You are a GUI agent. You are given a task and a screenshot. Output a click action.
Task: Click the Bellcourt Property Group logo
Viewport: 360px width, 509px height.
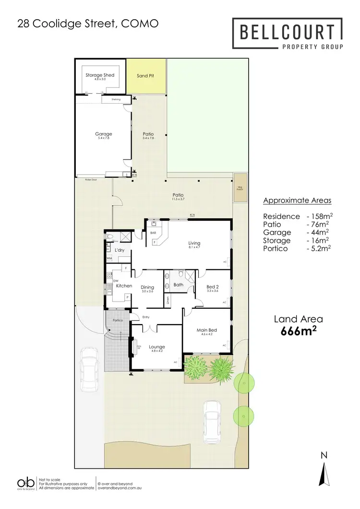tap(288, 34)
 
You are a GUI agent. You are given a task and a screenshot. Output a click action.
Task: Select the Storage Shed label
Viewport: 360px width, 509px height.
tap(100, 75)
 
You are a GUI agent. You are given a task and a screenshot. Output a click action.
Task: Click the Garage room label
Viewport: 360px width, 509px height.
tap(103, 134)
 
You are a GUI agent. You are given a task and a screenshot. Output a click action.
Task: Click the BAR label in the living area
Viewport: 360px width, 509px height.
tap(154, 232)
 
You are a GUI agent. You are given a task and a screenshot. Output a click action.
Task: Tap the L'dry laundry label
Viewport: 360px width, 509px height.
tap(120, 251)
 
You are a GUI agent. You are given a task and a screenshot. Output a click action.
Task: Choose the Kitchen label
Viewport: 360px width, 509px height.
tap(124, 286)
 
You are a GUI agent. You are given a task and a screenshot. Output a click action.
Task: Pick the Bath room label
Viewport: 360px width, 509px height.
tap(178, 285)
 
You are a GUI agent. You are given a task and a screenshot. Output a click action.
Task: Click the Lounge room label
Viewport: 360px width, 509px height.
tap(156, 347)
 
